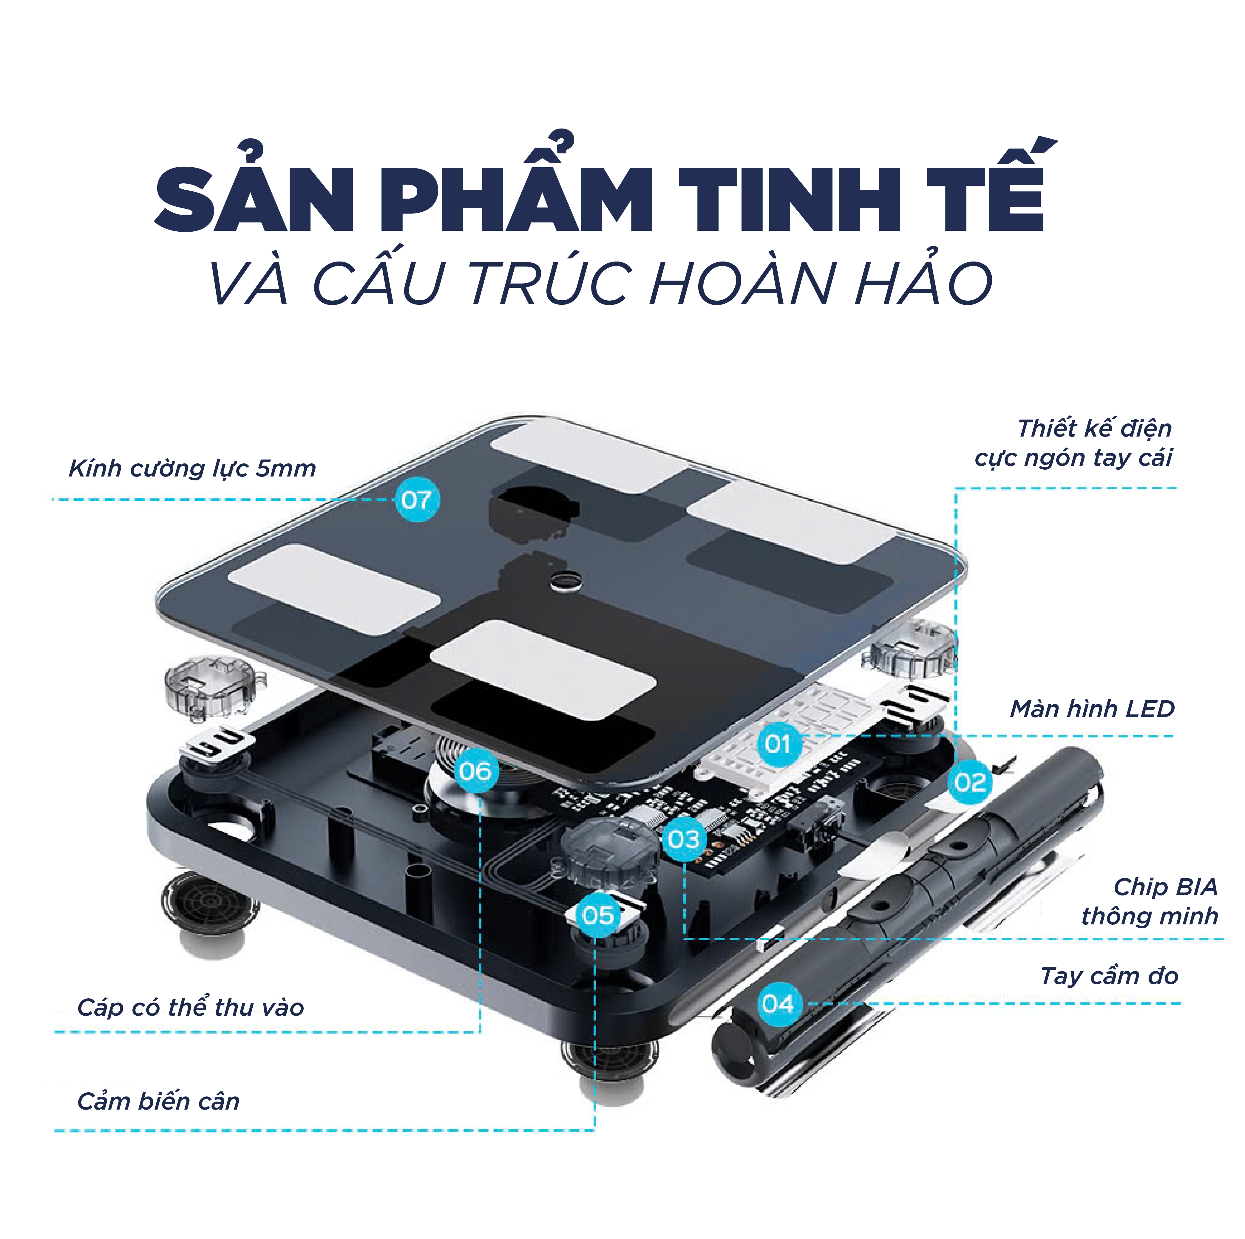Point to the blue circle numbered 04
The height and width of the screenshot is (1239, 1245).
[x=778, y=1003]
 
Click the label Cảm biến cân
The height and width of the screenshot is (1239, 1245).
[x=158, y=1101]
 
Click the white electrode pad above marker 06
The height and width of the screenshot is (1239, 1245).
[x=543, y=669]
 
